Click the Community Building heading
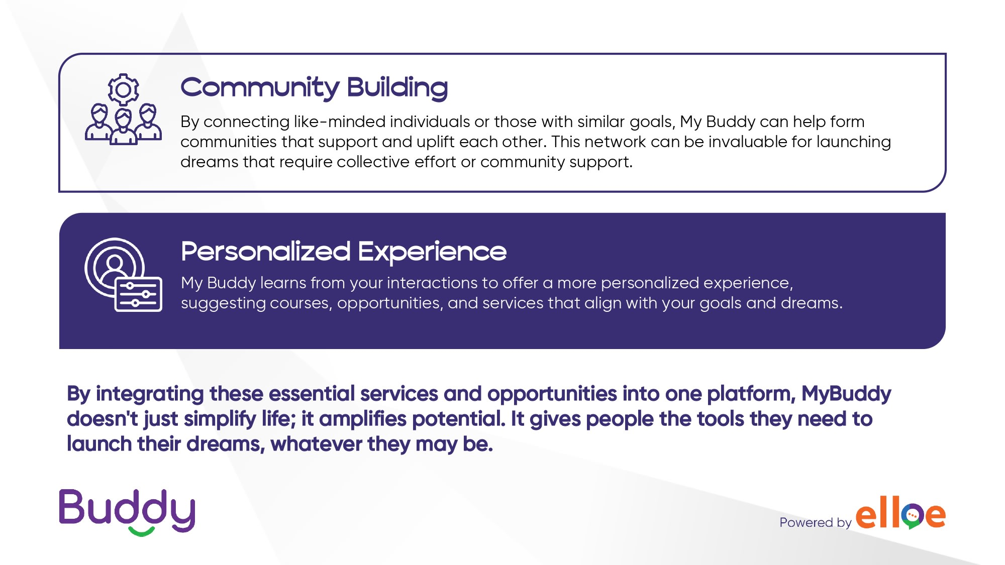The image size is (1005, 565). (314, 88)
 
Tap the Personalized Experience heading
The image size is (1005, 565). (344, 252)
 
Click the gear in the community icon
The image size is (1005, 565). (123, 89)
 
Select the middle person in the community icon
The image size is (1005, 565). (123, 128)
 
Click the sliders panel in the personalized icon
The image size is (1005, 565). (139, 294)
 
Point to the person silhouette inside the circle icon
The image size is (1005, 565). (115, 269)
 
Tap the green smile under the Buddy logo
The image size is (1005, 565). (141, 531)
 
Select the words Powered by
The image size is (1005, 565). (815, 522)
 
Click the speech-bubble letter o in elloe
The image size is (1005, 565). (913, 516)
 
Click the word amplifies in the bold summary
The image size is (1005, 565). (362, 419)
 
